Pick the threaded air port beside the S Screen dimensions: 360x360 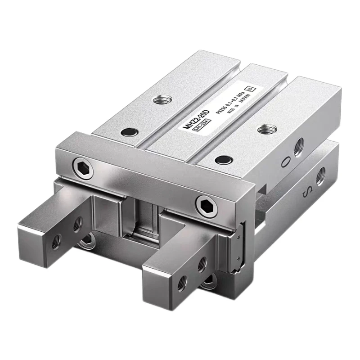coord(320,176)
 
